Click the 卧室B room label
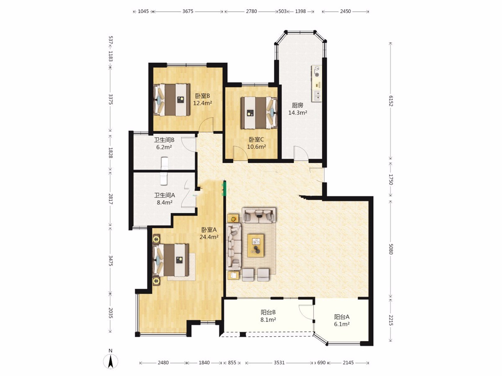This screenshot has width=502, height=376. pos(202,96)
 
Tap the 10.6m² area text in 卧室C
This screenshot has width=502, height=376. pos(256,147)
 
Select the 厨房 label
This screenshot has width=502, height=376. pos(297,105)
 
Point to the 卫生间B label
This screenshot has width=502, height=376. pos(164,140)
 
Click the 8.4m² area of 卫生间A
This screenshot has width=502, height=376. pos(164,202)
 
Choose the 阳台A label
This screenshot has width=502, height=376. pos(342,317)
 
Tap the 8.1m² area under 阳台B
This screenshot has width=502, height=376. pos(268,320)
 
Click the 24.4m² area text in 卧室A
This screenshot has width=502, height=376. pos(209,237)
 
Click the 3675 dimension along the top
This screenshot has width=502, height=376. pos(188,11)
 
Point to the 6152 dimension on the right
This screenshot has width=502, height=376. pos(391,101)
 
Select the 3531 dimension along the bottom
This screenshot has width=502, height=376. pos(279,363)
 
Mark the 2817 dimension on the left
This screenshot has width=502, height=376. pos(110,199)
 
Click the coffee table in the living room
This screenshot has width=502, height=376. pos(256,245)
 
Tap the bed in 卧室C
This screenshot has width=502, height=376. pos(259,113)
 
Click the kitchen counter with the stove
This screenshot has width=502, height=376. pos(317,84)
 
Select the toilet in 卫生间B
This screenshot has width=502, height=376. pos(164,163)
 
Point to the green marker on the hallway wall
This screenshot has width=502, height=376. pos(224,188)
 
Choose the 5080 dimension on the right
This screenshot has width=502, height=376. pos(391,249)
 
